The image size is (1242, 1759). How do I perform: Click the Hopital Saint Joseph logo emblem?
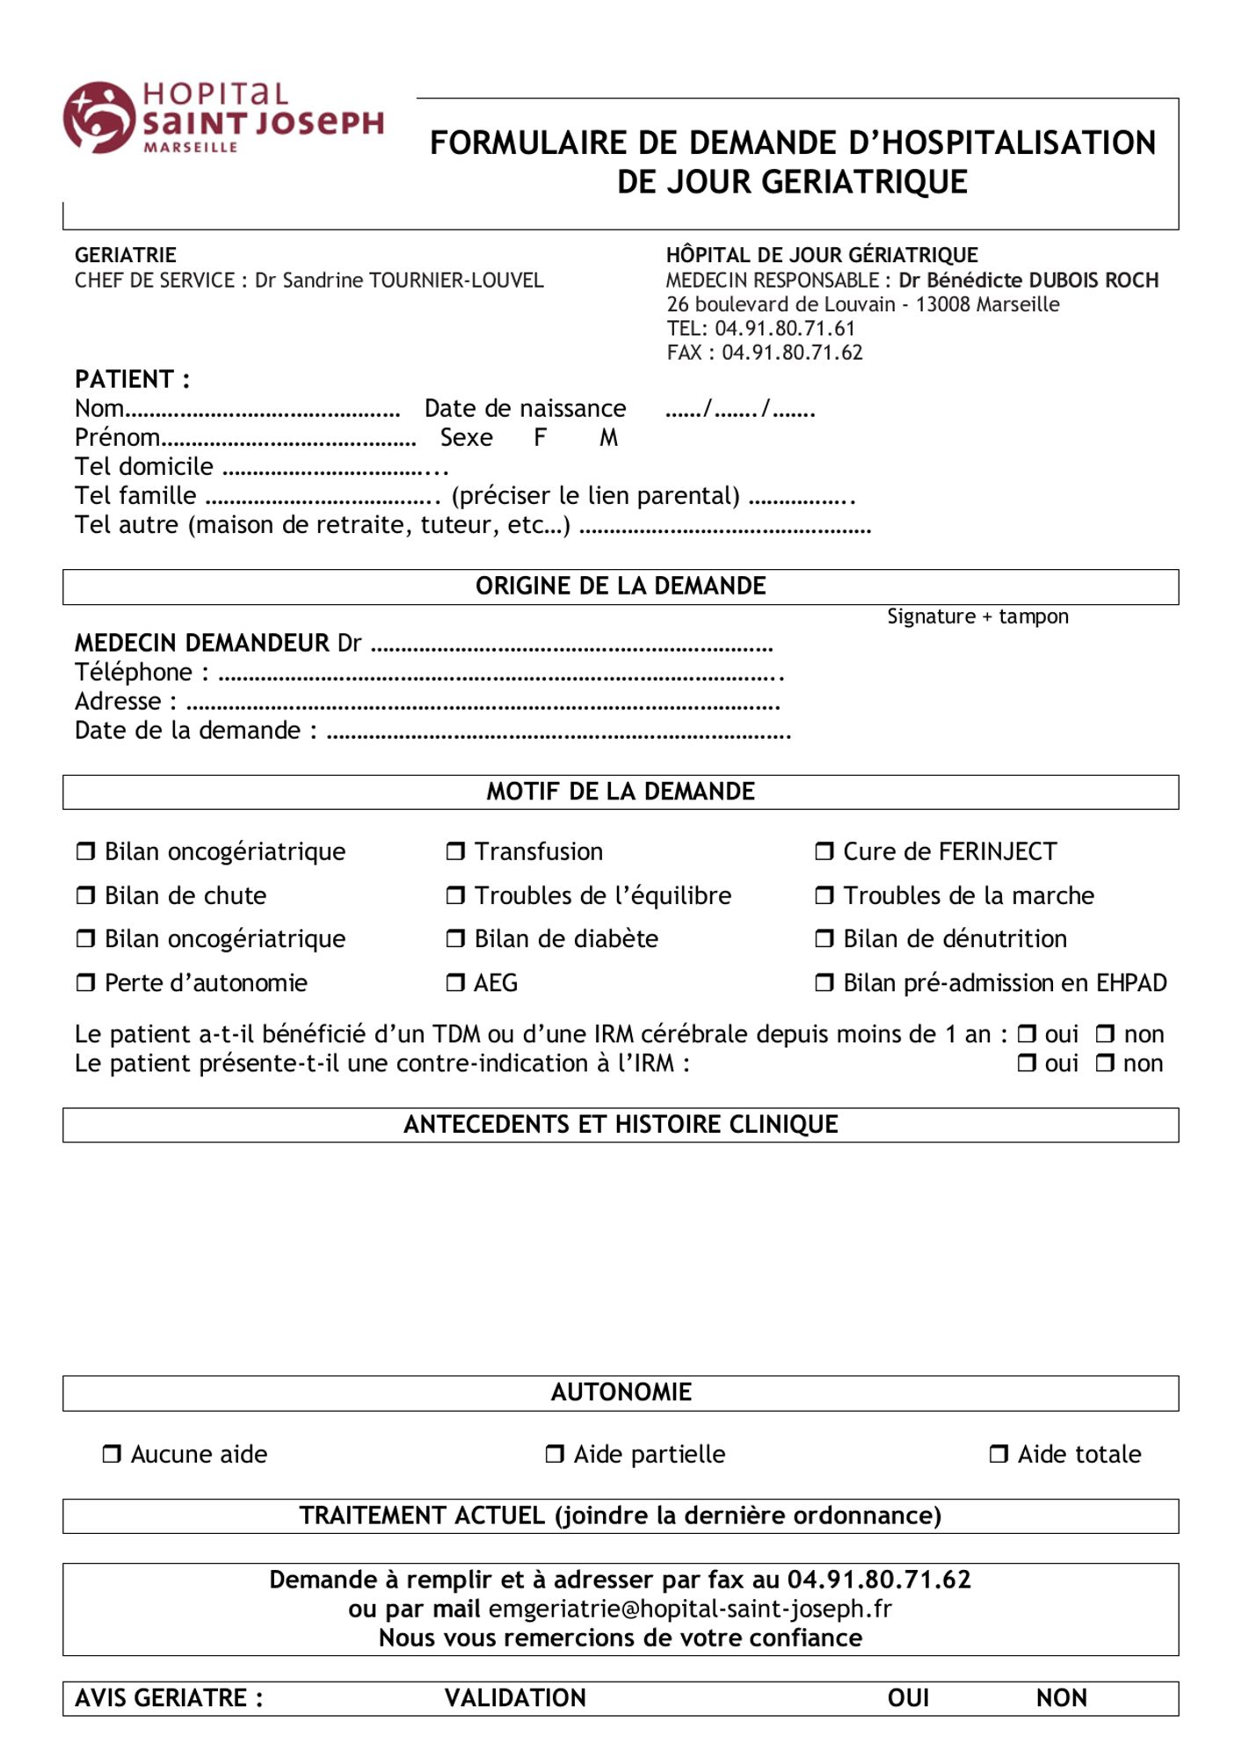(x=98, y=117)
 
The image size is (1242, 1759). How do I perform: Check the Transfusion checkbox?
(x=455, y=851)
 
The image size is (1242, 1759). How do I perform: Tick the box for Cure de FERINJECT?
(x=824, y=851)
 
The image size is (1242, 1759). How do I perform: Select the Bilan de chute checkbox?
(x=85, y=895)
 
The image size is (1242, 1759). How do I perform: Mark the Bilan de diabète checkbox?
(x=455, y=938)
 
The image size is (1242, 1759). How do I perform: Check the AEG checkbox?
(x=455, y=982)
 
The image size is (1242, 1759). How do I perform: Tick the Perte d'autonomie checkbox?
(x=85, y=982)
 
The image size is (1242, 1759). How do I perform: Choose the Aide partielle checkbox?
(x=555, y=1454)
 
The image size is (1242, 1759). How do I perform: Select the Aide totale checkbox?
(x=999, y=1454)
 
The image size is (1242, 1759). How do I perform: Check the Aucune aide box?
(x=112, y=1454)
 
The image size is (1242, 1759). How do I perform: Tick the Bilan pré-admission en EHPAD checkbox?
(x=824, y=982)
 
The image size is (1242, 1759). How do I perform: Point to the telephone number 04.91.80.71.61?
(x=784, y=329)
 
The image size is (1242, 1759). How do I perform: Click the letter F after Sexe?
(x=541, y=437)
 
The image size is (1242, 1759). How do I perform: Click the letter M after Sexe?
(x=608, y=437)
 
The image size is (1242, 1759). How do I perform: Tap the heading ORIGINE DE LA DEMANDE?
(x=621, y=586)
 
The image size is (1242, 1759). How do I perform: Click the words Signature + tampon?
(x=977, y=617)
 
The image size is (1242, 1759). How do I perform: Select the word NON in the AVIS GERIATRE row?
(x=1061, y=1697)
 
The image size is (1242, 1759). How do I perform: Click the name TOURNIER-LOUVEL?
(x=456, y=281)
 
